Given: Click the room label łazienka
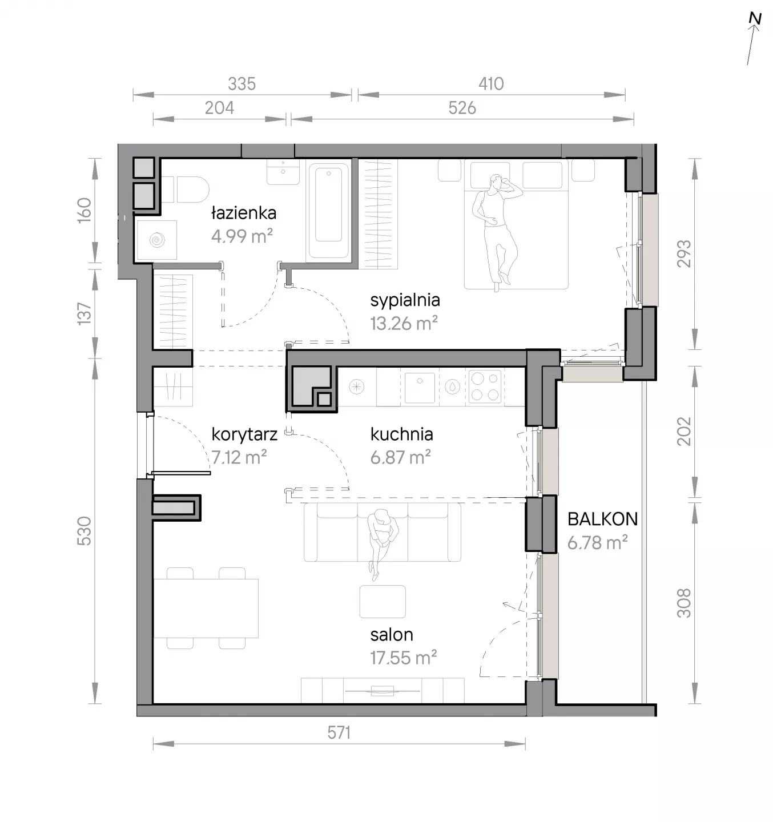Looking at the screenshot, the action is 243,213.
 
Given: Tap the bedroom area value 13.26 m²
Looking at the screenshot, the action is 404,323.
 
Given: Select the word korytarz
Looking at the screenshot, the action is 244,434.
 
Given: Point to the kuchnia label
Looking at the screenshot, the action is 401,434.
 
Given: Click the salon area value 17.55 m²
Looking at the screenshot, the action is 403,658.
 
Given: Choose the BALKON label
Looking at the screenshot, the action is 602,519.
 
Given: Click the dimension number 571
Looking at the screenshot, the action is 339,733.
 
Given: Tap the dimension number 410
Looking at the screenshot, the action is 491,84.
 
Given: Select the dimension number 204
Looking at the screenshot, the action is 219,108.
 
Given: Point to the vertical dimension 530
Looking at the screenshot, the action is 84,531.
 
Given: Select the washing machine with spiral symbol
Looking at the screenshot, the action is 157,240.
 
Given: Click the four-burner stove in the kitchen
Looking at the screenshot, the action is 485,386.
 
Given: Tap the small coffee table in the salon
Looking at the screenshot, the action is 383,602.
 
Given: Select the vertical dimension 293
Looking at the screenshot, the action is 684,253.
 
